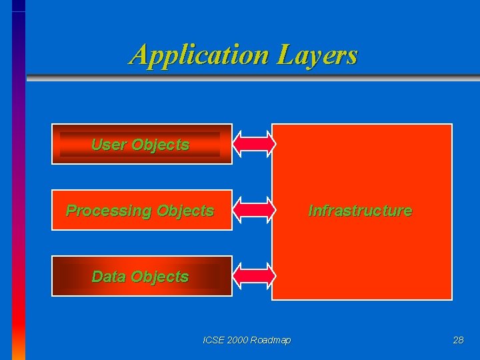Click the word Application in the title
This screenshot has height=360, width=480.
[197, 55]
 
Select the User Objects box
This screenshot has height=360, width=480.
[141, 144]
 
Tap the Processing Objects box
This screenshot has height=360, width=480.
[141, 211]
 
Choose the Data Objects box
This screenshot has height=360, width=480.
[141, 276]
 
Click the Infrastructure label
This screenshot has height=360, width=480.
[360, 211]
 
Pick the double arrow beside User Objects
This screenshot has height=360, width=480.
[253, 144]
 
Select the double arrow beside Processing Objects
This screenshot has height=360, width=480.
[253, 210]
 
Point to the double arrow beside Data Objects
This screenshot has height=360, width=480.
[253, 276]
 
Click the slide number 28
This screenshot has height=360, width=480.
[458, 340]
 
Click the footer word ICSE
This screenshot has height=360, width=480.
[213, 340]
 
